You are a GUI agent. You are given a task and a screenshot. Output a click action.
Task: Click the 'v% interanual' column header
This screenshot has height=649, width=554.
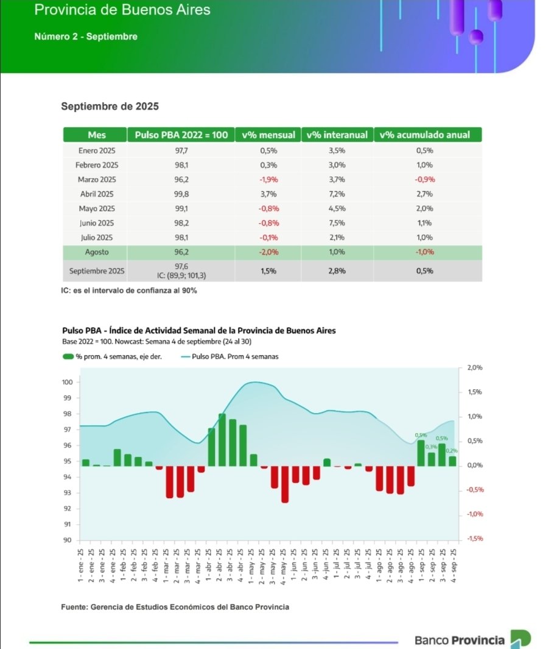pos(337,134)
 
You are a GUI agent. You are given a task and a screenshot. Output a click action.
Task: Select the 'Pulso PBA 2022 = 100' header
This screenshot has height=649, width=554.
pos(181,134)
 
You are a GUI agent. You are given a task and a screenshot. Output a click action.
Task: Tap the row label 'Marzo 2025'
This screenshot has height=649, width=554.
pos(96,179)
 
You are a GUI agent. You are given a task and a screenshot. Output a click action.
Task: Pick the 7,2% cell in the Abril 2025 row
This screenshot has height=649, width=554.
pos(337,194)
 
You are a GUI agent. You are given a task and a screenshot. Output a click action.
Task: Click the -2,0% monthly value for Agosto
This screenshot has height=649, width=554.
pos(268,252)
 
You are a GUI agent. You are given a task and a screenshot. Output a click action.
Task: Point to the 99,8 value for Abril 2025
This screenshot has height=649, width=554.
pos(181,194)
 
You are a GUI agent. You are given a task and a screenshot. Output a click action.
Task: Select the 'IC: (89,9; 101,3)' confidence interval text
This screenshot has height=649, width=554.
pos(181,275)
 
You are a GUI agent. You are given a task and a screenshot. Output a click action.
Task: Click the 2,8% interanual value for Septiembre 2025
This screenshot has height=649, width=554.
pos(337,271)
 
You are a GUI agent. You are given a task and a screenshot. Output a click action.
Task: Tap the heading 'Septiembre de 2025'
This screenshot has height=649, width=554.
pos(110,106)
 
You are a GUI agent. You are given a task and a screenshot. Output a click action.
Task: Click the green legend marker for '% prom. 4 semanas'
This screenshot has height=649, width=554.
pos(68,356)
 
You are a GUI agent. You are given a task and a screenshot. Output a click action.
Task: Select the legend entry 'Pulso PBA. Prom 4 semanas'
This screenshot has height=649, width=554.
pos(234,356)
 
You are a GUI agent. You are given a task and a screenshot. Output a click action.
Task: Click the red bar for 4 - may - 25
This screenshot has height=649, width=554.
pos(285,484)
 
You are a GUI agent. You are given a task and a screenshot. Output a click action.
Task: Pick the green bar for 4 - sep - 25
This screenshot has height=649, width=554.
pos(452,461)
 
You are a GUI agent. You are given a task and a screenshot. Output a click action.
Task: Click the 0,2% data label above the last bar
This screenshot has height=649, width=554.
pos(452,451)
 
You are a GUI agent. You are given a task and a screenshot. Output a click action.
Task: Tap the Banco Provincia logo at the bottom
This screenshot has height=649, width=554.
pos(472,640)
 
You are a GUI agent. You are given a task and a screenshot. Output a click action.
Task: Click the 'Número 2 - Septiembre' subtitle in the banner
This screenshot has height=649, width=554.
pos(86,36)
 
